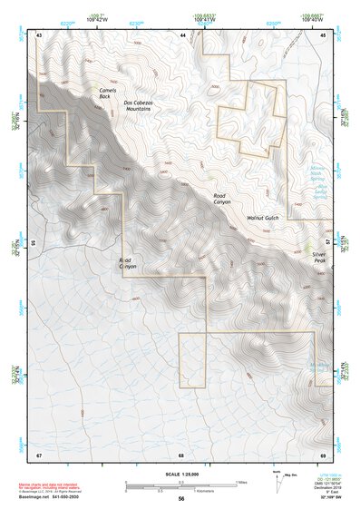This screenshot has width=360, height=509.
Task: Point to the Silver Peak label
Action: (318, 258)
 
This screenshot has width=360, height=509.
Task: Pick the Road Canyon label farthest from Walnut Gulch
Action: (129, 264)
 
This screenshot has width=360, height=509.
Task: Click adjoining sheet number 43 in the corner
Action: (39, 35)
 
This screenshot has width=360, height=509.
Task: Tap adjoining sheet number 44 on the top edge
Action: (182, 35)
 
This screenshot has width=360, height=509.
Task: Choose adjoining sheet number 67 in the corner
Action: (39, 453)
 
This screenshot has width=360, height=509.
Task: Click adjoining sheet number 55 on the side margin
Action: (33, 243)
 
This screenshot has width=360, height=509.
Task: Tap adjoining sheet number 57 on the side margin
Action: (329, 243)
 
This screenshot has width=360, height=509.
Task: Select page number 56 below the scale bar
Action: (181, 499)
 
